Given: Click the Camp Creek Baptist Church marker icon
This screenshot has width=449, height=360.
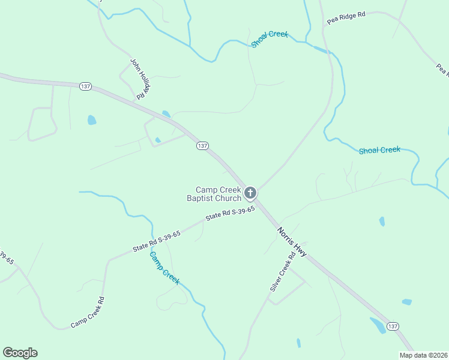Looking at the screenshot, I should [x=250, y=193].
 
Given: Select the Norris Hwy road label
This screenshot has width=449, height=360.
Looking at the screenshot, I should [x=292, y=242].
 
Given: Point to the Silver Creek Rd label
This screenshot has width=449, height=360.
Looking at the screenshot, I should [x=283, y=271].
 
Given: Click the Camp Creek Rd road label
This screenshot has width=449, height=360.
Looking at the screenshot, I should [x=88, y=313].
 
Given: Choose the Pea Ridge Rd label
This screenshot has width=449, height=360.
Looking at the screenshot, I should [x=346, y=17].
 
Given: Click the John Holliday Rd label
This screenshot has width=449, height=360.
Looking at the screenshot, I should [x=140, y=78].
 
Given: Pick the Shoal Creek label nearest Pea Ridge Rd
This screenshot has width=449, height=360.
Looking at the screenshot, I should [x=270, y=38].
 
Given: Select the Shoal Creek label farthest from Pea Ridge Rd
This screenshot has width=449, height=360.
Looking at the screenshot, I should [x=379, y=150].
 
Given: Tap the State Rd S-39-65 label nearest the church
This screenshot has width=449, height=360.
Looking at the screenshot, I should [x=231, y=214].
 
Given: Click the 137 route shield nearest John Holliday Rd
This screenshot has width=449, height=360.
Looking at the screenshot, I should [x=85, y=86].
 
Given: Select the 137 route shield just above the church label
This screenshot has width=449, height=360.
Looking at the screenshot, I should [x=202, y=146].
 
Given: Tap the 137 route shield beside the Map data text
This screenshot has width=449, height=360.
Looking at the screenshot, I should [x=393, y=326].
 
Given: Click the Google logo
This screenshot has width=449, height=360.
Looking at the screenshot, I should [x=20, y=353].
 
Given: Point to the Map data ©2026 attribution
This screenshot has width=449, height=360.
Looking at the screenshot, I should [x=423, y=355].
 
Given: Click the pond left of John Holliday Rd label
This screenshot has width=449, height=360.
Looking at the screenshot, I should [x=92, y=120].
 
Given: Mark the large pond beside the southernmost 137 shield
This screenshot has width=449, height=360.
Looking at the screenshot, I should [x=378, y=325].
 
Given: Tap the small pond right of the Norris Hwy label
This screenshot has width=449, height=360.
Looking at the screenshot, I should [x=382, y=221].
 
